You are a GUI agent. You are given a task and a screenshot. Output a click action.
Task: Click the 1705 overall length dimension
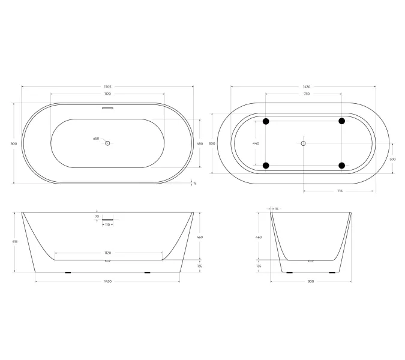point(108,87)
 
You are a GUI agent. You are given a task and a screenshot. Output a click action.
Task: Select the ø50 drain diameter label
point(96,139)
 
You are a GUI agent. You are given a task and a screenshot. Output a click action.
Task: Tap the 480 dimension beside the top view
point(200,143)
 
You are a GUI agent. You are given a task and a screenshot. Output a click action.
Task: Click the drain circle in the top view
point(108,143)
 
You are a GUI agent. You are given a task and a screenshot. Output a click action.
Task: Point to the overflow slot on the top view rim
point(108,109)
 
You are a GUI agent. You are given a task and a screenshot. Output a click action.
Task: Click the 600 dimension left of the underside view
point(211,143)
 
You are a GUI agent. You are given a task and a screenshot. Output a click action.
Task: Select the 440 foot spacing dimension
point(256,143)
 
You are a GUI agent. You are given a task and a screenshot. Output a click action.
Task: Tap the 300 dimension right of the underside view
point(393,159)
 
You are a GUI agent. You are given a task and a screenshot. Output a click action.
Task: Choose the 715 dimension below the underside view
point(340,191)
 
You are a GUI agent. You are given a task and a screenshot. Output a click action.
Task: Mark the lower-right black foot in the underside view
point(342,166)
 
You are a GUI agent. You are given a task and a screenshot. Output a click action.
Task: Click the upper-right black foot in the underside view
point(342,122)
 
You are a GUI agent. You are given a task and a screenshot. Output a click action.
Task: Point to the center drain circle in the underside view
point(304,143)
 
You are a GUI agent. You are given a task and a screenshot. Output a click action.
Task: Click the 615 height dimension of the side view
point(14,241)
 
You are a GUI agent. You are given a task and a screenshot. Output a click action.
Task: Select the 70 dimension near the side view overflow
point(96,216)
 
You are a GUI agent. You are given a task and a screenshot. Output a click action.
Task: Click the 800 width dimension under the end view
point(310,281)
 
